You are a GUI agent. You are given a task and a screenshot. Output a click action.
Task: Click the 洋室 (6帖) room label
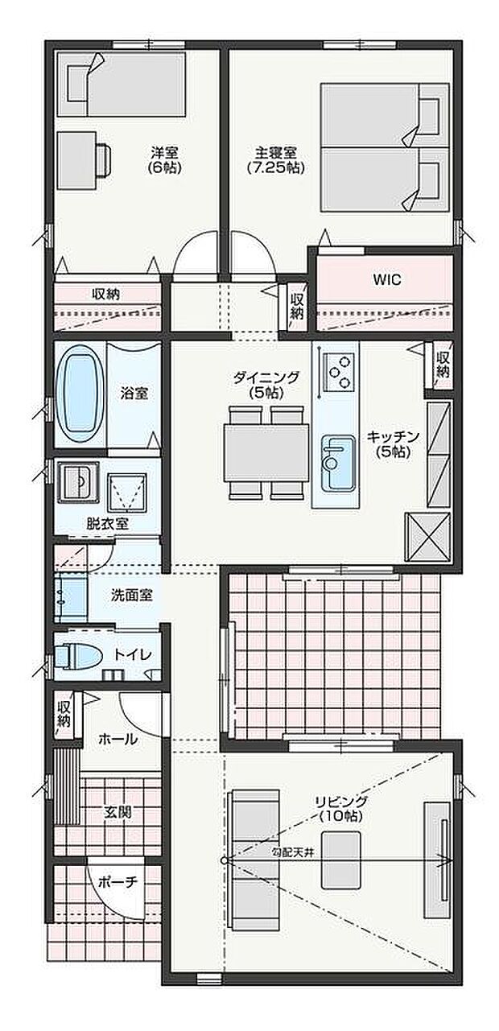pos(164,159)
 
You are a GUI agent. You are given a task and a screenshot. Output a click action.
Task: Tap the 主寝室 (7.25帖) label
pos(274,159)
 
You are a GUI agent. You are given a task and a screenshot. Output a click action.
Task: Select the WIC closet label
pos(386,280)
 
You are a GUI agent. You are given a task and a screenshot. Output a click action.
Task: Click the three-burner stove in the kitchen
pos(340,370)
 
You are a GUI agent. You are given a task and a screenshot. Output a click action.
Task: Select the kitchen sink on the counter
pos(337,463)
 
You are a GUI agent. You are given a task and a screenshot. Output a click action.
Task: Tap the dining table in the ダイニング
pos(266,452)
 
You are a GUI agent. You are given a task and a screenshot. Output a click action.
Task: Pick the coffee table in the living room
pos(341,860)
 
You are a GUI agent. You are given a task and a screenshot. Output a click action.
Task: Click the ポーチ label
pos(118,882)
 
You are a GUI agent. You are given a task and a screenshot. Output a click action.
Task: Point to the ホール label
pos(118,739)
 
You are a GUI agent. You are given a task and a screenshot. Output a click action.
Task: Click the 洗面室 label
pos(132,596)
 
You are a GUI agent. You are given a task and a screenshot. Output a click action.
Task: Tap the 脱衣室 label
pos(107,522)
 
